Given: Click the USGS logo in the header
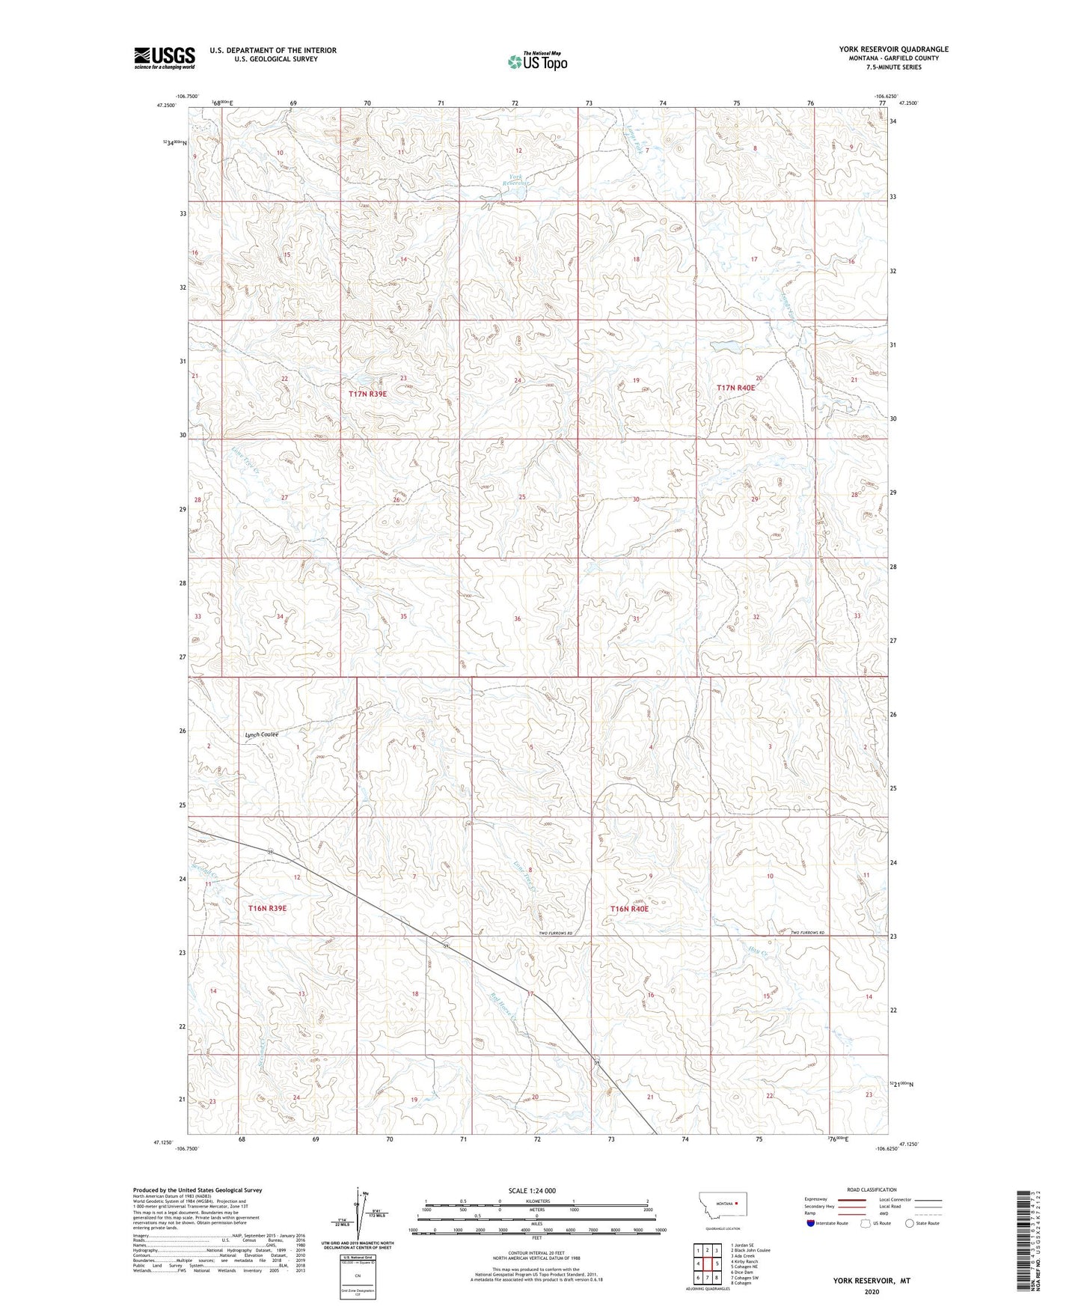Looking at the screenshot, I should pos(165,58).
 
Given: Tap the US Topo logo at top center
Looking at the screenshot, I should pos(537,61).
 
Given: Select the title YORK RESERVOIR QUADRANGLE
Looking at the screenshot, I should pos(893,49).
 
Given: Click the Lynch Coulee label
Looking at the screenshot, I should pos(261,734).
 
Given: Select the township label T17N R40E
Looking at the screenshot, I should pos(735,388).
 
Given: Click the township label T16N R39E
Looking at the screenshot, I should pos(267,908).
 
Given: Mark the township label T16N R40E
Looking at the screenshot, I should pos(628,909).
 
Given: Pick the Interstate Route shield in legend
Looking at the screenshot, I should pos(811,1223).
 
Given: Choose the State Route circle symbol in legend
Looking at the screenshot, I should pos(909,1223).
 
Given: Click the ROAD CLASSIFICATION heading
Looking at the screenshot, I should pos(872,1189).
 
